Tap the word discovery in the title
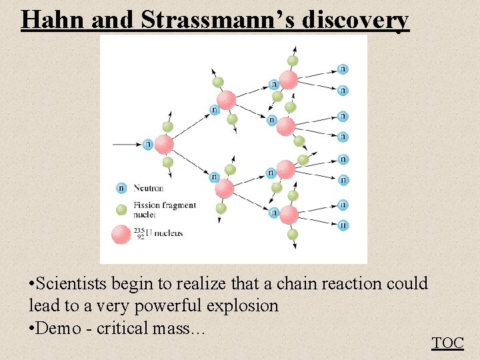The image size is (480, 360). click(355, 20)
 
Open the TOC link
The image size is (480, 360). click(447, 343)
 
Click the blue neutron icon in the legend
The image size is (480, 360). click(121, 188)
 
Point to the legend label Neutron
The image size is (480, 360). click(148, 188)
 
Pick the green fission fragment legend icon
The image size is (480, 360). click(121, 210)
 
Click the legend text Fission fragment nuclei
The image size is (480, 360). click(164, 210)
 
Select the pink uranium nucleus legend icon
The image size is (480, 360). click(121, 234)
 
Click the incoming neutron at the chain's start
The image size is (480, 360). click(148, 143)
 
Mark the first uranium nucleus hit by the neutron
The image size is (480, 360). click(164, 144)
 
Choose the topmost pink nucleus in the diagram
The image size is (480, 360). click(289, 80)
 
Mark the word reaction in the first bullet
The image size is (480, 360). click(350, 284)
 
